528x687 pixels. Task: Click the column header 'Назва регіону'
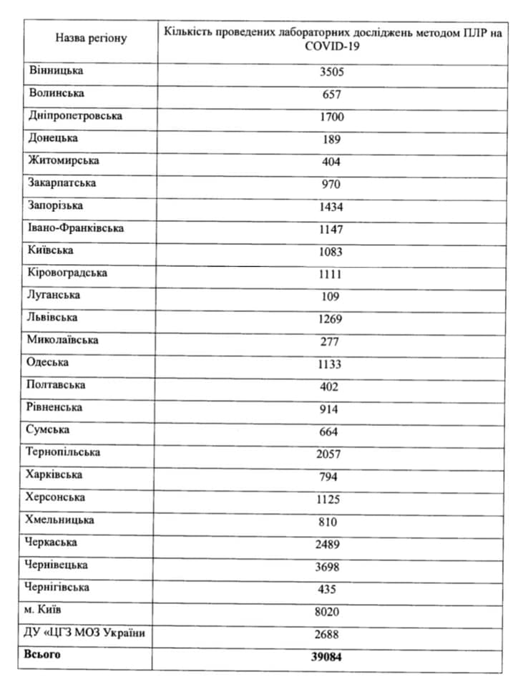(91, 38)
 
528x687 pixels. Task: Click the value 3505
(332, 72)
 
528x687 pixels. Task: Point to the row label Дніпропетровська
(75, 115)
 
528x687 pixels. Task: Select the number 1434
(331, 207)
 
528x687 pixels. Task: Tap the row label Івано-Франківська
(76, 228)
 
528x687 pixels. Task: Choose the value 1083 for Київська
(331, 251)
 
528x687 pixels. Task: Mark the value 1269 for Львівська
(331, 318)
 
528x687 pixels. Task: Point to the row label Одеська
(48, 362)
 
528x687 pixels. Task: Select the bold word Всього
(42, 655)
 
